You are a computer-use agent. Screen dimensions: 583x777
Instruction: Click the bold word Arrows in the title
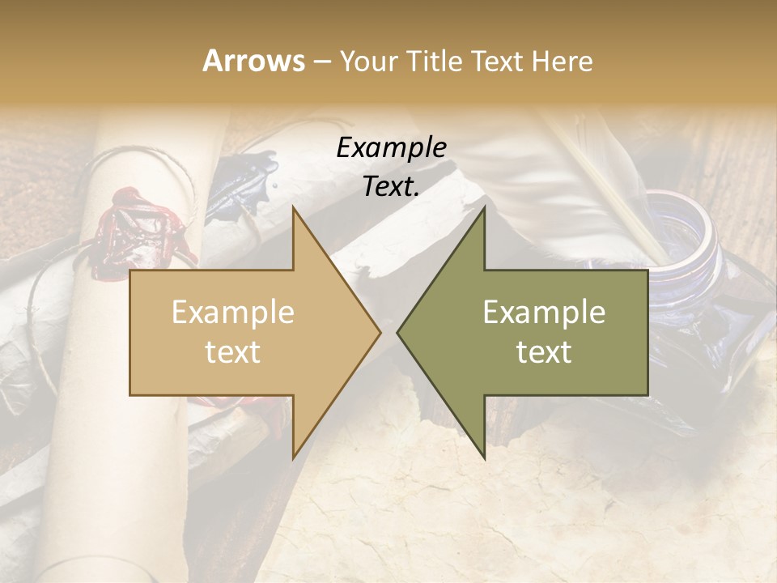[x=254, y=61]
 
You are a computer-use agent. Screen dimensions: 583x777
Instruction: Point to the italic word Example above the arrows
[x=391, y=147]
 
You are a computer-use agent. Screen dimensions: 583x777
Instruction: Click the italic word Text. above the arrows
[x=391, y=187]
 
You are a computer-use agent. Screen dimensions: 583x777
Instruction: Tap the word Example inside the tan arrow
[x=233, y=313]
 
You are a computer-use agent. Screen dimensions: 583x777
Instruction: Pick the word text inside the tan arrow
[x=233, y=352]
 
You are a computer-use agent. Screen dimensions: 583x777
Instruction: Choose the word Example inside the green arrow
[x=544, y=313]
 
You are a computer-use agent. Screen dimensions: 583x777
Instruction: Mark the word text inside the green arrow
[x=544, y=352]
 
